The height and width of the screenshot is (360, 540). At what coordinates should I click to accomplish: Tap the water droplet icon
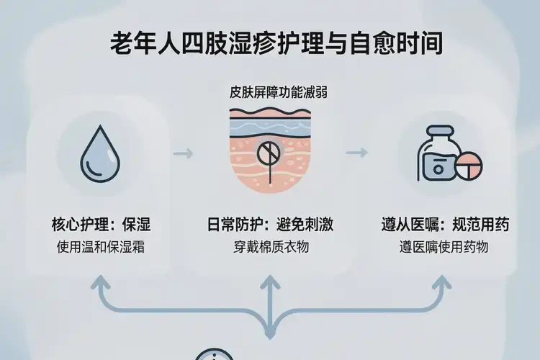[x=96, y=153]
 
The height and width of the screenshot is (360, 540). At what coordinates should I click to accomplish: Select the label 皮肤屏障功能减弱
[x=270, y=93]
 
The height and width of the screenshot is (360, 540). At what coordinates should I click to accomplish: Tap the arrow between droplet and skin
[x=183, y=153]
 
